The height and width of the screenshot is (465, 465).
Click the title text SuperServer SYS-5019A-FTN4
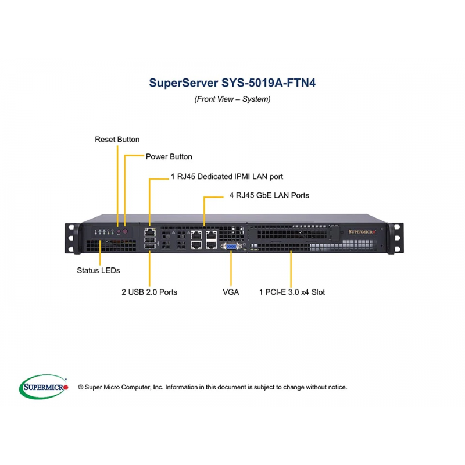click(233, 82)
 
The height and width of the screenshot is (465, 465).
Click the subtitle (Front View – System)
click(233, 99)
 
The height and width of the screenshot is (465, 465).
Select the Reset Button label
click(117, 139)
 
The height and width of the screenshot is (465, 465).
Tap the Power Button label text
click(169, 157)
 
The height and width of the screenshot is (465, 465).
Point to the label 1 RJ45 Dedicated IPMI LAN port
click(227, 176)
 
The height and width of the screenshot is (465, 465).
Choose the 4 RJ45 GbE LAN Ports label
click(269, 195)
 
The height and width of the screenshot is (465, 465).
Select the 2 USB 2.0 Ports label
click(149, 292)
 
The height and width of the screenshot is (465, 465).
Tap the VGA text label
click(231, 292)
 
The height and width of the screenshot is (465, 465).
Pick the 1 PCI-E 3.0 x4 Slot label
click(292, 292)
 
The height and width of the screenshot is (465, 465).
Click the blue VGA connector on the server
click(231, 247)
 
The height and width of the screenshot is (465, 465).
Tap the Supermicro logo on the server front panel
click(363, 231)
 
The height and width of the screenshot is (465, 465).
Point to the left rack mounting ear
click(71, 235)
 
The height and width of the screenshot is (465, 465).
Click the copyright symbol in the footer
click(81, 387)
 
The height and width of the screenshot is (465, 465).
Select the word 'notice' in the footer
click(336, 387)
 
